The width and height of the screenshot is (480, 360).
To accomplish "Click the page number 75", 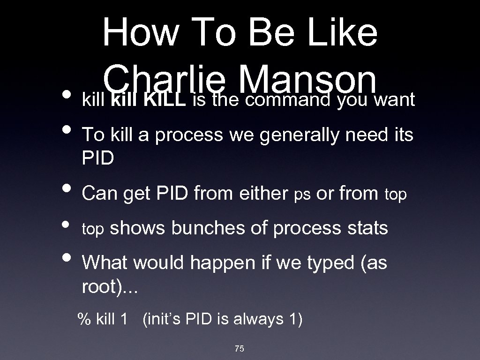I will pyautogui.click(x=240, y=348).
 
